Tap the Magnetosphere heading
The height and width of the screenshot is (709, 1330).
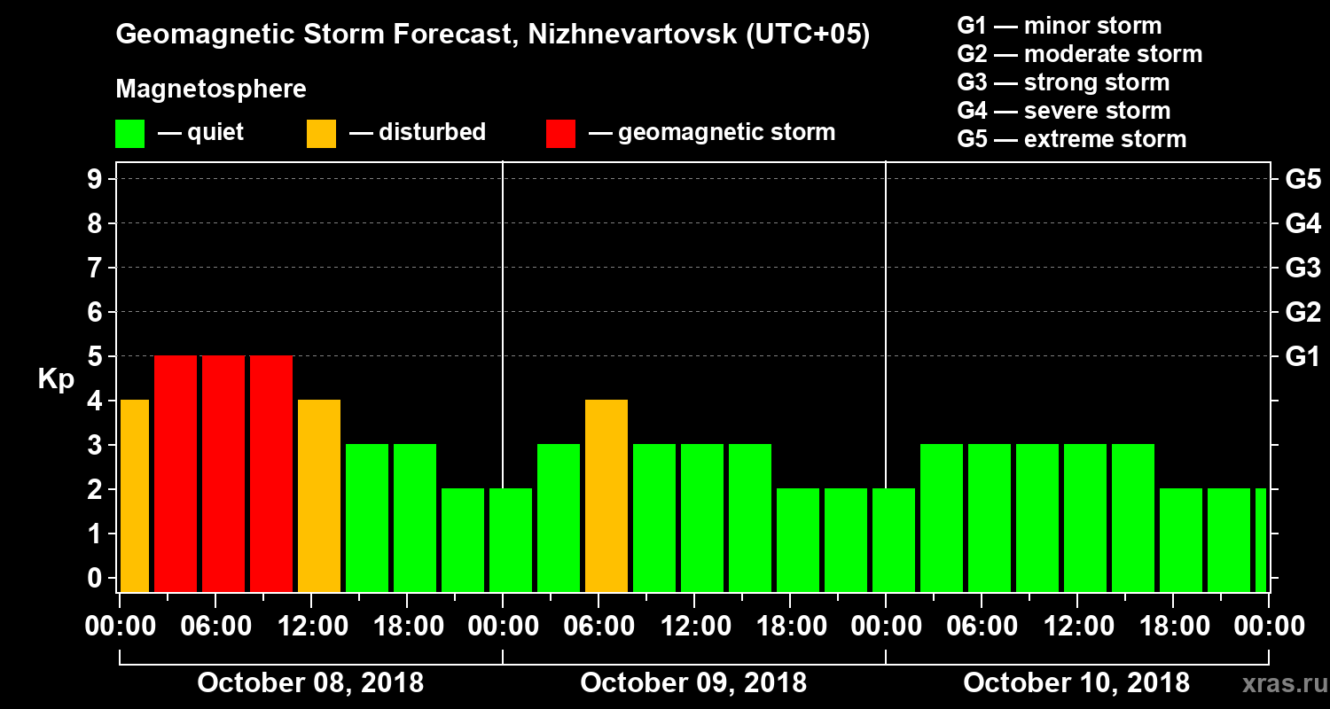click(211, 90)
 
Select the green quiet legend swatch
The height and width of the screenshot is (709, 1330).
click(129, 134)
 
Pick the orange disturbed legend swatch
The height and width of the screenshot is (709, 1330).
click(321, 134)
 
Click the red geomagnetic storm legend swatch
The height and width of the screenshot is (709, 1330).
click(560, 134)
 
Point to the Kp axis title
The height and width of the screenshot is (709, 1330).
click(56, 378)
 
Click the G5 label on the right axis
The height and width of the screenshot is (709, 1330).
click(1303, 180)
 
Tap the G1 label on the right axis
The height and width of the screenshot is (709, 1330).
click(1303, 357)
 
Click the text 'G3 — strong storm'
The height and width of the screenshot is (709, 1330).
click(1063, 83)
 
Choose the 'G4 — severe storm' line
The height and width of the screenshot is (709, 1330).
click(1063, 112)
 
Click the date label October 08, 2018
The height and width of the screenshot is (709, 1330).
click(310, 683)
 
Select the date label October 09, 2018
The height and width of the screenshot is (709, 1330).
click(693, 683)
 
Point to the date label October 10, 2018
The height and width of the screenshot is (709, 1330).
click(1076, 683)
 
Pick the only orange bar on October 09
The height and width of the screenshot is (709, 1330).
click(606, 496)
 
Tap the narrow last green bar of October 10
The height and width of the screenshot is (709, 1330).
click(1261, 541)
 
